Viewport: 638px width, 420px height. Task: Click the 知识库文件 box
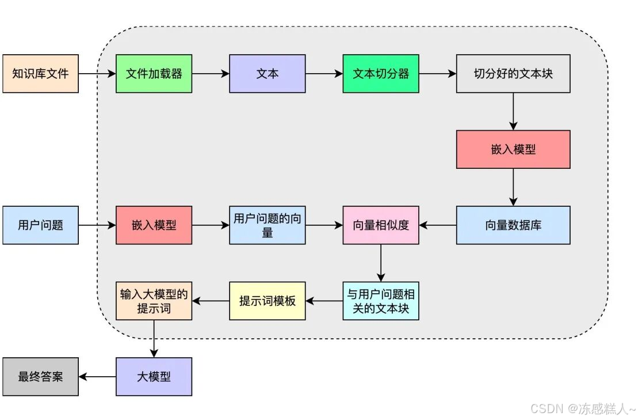pos(40,74)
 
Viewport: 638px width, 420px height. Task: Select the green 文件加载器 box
pos(154,74)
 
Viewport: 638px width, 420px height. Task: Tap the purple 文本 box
pos(267,74)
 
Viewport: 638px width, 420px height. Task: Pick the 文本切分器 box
pos(381,74)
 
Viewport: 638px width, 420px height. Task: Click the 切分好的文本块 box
pos(513,74)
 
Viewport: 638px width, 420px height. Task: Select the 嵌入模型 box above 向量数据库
pos(513,149)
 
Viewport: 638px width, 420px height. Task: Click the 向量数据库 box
pos(513,225)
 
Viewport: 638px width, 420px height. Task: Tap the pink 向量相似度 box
pos(381,225)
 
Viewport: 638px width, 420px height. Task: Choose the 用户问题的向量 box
pos(267,225)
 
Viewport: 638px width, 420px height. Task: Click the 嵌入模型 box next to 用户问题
pos(154,225)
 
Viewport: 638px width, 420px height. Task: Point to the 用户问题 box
pos(40,225)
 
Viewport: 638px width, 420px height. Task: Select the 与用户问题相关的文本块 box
pos(381,301)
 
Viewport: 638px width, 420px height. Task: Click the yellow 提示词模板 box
pos(267,301)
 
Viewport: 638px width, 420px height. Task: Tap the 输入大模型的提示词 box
pos(154,301)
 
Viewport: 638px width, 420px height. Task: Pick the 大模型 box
pos(154,377)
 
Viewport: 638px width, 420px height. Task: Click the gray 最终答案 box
pos(40,377)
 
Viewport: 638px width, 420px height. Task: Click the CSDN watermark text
pos(582,408)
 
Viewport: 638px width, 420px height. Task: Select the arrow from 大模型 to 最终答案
pos(97,377)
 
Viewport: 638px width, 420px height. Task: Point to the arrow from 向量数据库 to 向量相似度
pos(438,225)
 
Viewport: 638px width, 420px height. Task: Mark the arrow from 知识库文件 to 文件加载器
pos(97,74)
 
